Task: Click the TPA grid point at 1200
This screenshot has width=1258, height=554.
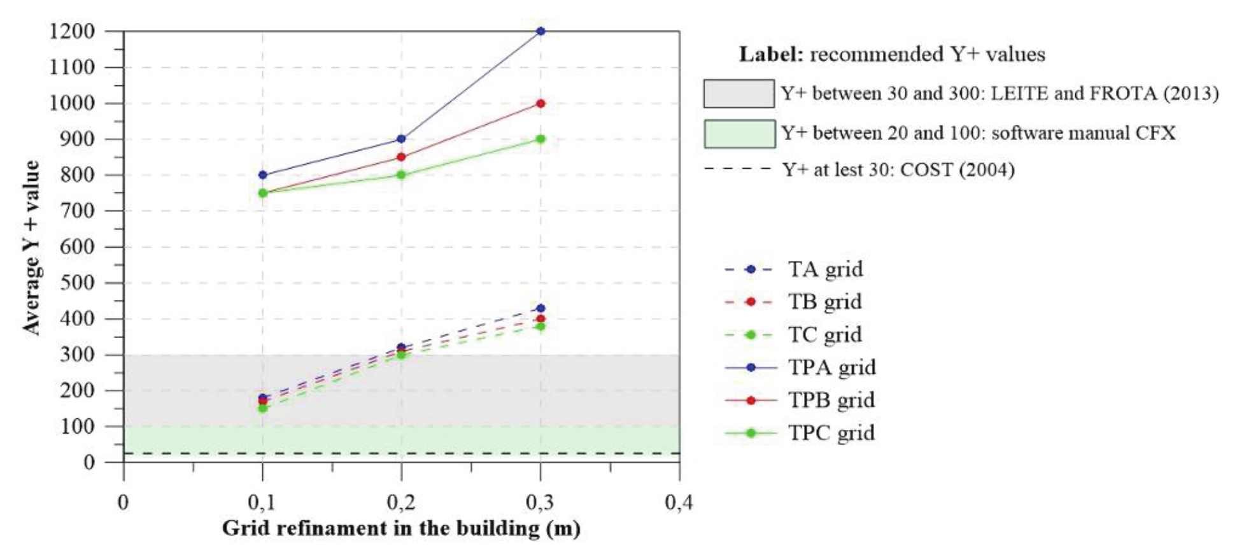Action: click(x=541, y=31)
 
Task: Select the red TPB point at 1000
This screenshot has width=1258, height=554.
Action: click(x=541, y=103)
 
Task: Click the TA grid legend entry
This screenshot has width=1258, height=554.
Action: click(x=825, y=269)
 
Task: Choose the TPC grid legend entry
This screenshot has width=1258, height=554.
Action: click(x=831, y=433)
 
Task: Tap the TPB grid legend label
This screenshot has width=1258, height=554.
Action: click(x=831, y=400)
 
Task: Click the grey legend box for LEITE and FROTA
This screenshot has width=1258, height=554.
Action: click(x=739, y=94)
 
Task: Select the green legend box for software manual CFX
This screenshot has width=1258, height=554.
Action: click(x=739, y=134)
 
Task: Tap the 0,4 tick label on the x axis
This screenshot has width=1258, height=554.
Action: click(x=679, y=503)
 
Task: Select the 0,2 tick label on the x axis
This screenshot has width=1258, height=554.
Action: click(x=401, y=503)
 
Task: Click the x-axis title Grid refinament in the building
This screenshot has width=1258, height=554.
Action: click(x=401, y=529)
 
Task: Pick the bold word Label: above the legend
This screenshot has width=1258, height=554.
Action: click(x=771, y=55)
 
